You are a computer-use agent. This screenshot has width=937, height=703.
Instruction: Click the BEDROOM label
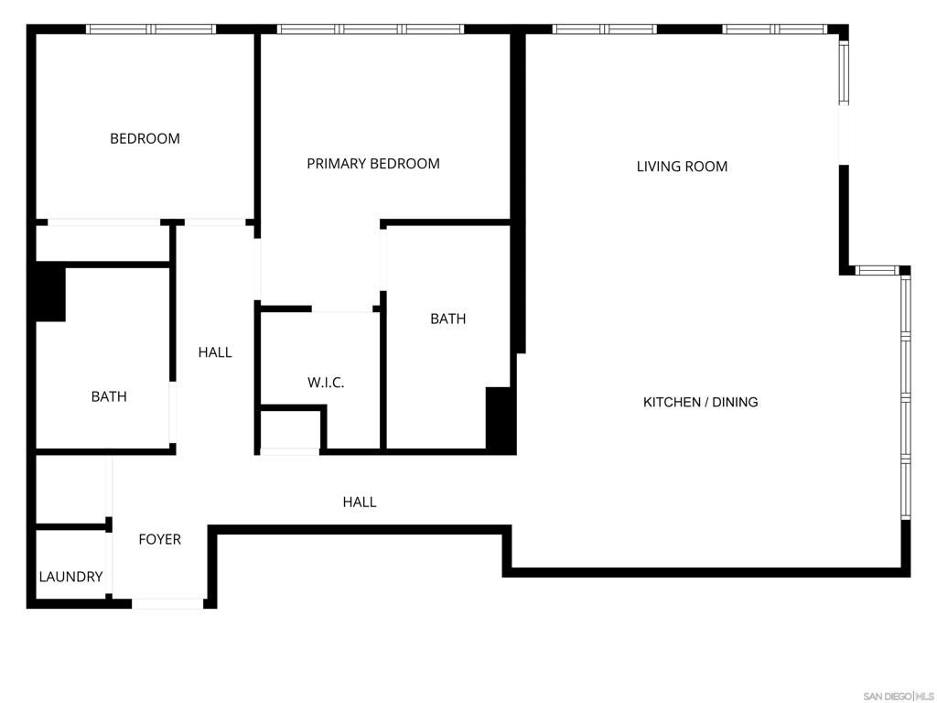click(x=145, y=139)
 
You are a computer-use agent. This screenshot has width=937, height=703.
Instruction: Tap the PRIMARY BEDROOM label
click(x=372, y=164)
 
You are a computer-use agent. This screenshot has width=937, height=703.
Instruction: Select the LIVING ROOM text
click(x=682, y=167)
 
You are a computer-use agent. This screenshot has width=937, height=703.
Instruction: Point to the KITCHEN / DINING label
click(x=700, y=402)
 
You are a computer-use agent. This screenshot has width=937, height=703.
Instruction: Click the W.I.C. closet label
click(x=326, y=383)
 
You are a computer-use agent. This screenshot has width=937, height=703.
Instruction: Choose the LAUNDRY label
click(x=70, y=577)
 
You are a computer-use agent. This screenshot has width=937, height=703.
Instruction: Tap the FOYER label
click(x=159, y=539)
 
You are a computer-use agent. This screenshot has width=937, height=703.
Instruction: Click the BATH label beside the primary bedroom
click(x=447, y=319)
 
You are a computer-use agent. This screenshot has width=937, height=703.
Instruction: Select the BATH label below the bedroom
click(x=109, y=396)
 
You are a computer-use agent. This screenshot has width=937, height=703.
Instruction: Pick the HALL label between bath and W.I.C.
click(x=215, y=352)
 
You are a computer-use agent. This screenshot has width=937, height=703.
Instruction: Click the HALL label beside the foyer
click(x=359, y=502)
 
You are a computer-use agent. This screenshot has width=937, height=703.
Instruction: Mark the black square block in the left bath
click(x=49, y=292)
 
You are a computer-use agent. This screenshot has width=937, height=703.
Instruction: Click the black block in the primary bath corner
click(x=499, y=419)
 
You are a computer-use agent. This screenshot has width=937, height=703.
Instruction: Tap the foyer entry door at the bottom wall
click(x=167, y=603)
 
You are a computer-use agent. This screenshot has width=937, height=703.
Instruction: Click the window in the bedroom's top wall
click(x=151, y=29)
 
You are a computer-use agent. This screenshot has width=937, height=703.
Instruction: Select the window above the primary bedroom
click(x=371, y=29)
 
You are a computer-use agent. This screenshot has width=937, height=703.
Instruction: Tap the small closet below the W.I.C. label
click(x=290, y=430)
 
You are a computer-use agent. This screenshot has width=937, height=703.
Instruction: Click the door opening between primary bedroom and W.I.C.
click(x=342, y=310)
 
